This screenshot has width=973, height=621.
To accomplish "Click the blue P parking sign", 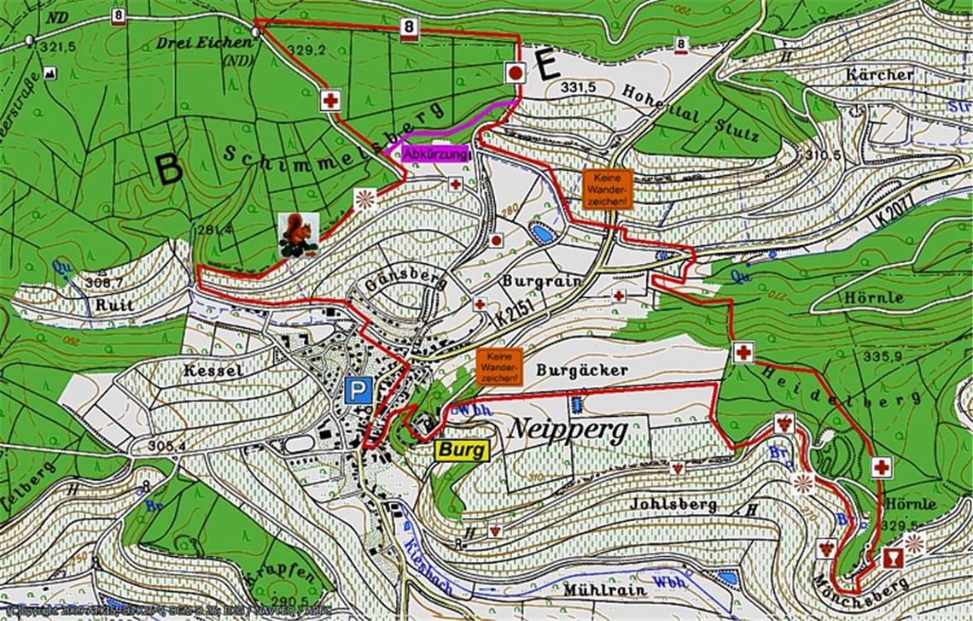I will click(358, 391).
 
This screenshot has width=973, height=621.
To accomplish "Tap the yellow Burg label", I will click(463, 450).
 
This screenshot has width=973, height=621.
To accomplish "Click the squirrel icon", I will click(298, 235).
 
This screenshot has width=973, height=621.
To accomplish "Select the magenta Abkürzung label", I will click(436, 155).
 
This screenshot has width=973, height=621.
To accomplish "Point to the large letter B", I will click(168, 170).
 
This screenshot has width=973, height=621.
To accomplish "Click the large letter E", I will click(547, 66).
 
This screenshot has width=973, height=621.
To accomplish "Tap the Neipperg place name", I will click(567, 429).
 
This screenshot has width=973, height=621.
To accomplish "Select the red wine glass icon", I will click(892, 558).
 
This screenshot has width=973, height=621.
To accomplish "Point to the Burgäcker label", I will click(582, 370).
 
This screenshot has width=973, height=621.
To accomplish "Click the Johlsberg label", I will click(673, 504).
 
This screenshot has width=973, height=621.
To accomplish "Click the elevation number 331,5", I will click(578, 88).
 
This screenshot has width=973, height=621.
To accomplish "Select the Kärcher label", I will click(879, 74).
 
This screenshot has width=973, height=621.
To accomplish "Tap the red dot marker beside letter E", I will click(516, 73).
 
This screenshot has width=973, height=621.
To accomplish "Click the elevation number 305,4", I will click(166, 445).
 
